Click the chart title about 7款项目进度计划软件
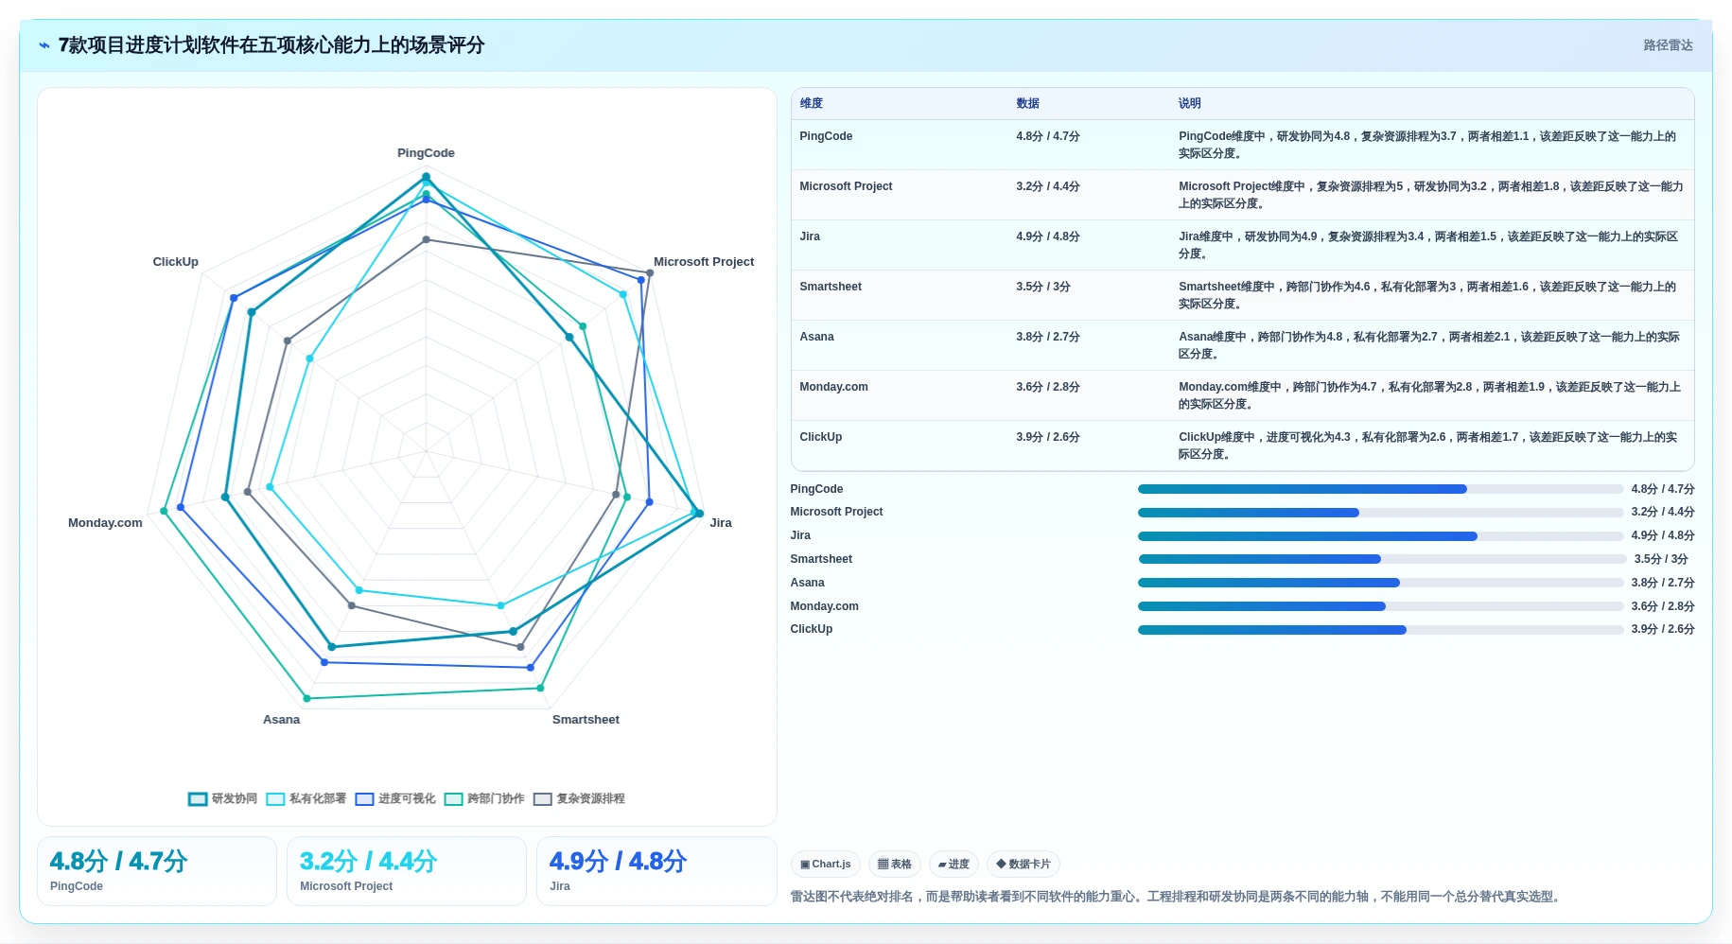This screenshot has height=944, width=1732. coord(271,45)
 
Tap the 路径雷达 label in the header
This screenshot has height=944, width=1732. coord(1668,45)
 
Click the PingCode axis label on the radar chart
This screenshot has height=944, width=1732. coord(426,153)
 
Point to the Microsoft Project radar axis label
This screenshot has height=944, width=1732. coord(704,262)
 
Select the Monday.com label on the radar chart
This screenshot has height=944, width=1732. coord(105,523)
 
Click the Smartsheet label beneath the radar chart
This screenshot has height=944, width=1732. coord(586,720)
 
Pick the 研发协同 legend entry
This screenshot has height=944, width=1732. coord(223,798)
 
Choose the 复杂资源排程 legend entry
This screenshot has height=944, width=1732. coord(579,798)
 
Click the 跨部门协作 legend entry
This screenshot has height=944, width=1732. coord(484,798)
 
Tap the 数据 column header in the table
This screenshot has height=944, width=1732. coord(1027,103)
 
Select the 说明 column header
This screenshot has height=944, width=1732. coord(1189,103)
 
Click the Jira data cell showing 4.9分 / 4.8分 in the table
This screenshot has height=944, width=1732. coord(1048,236)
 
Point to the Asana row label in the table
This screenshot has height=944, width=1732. coord(816,337)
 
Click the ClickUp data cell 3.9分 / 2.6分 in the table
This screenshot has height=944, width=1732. coord(1048,437)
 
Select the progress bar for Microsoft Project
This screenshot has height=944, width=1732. coord(1380,513)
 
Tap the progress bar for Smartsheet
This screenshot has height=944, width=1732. coord(1380,559)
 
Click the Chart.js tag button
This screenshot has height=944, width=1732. coord(825,864)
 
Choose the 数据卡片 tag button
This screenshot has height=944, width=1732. coord(1023,864)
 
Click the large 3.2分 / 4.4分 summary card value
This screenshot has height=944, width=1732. coord(368,861)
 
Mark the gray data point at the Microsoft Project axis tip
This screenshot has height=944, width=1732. coord(650,273)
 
